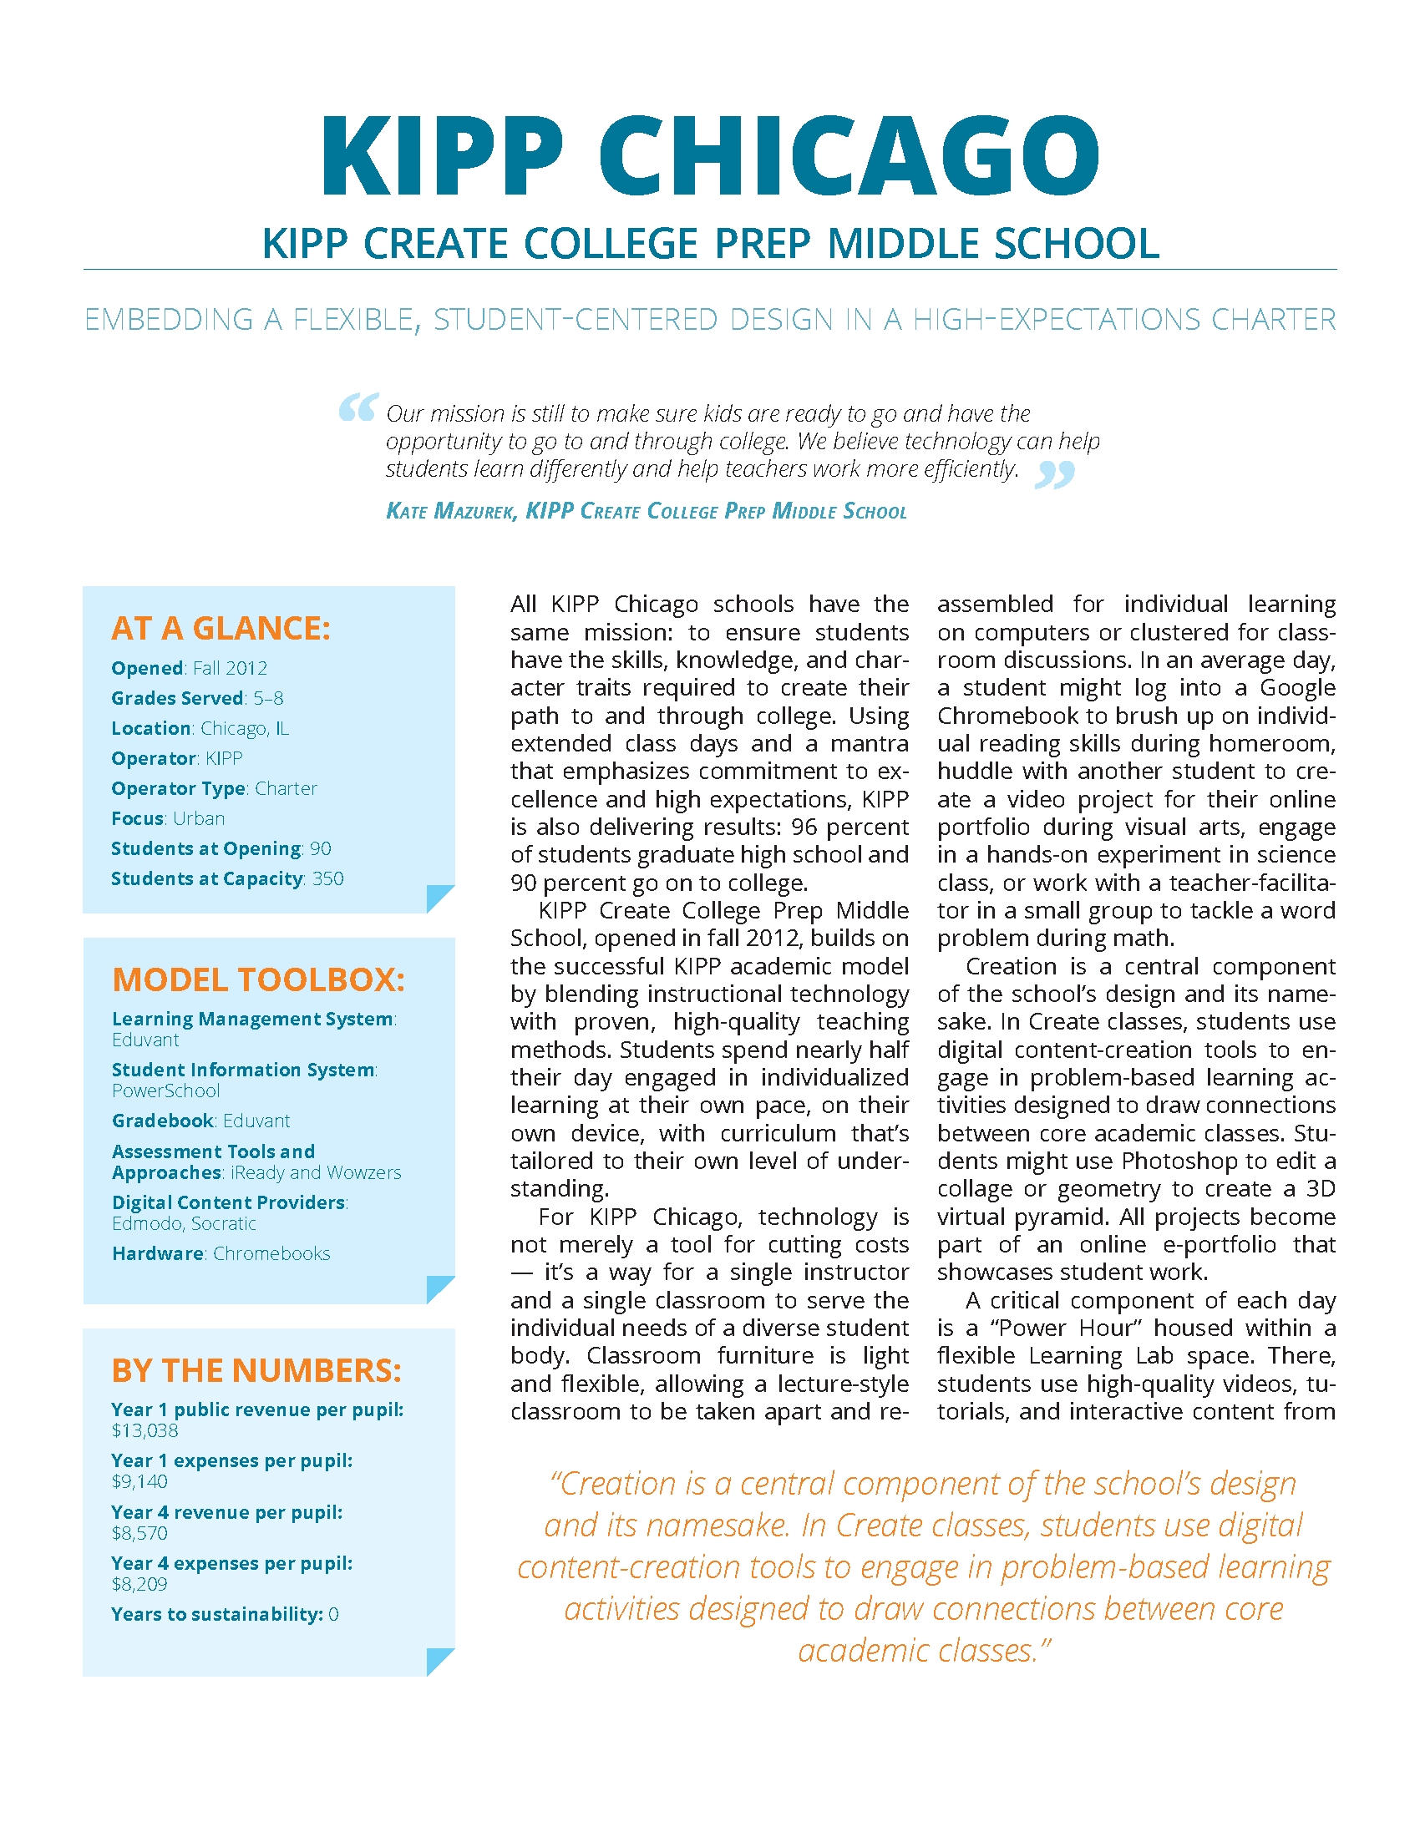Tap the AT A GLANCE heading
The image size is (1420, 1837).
click(x=221, y=628)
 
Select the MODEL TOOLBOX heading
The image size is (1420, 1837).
click(x=258, y=980)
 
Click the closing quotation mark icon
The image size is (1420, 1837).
click(x=1055, y=474)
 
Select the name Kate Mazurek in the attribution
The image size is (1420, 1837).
click(x=451, y=511)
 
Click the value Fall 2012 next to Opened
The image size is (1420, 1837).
click(x=230, y=669)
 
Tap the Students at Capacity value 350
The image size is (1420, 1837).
click(x=327, y=879)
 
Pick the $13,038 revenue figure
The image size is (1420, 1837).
click(x=145, y=1430)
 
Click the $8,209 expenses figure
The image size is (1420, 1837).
click(x=139, y=1585)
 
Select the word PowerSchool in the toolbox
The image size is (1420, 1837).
click(x=165, y=1091)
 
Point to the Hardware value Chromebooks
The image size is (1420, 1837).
click(x=271, y=1254)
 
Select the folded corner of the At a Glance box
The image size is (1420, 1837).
click(x=439, y=898)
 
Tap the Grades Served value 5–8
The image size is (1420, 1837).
click(x=268, y=699)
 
